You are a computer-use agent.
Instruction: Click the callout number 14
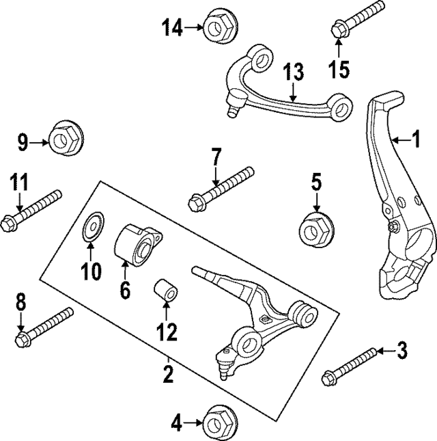173,28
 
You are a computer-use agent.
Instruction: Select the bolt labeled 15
356,18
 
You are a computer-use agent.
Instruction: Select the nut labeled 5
316,228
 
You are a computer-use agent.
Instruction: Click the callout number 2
168,374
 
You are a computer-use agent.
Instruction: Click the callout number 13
292,72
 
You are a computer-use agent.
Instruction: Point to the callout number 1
414,140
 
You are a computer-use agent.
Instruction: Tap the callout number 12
166,332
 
